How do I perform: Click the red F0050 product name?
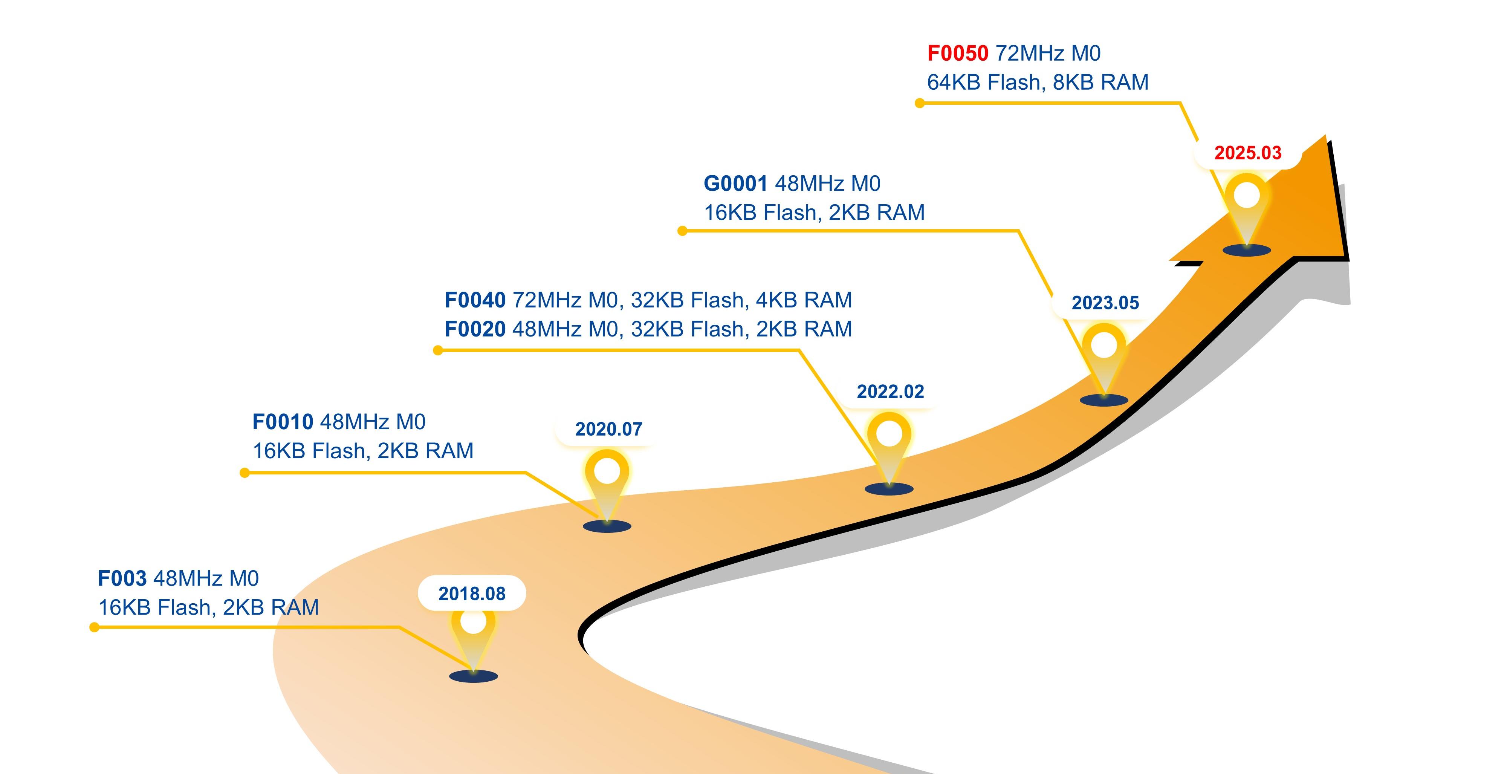point(958,53)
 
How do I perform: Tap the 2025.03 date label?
point(1248,153)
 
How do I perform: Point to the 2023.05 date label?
point(1105,303)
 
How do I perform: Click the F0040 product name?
point(475,300)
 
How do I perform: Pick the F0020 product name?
point(475,329)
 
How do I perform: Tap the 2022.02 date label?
point(890,392)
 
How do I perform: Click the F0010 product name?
point(283,422)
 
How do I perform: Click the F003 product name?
point(122,578)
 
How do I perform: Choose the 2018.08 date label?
point(472,594)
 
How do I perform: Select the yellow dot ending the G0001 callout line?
point(682,231)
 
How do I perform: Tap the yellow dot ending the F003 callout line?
point(94,628)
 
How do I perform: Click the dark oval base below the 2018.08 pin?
point(473,676)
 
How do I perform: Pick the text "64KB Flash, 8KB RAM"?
point(1038,83)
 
